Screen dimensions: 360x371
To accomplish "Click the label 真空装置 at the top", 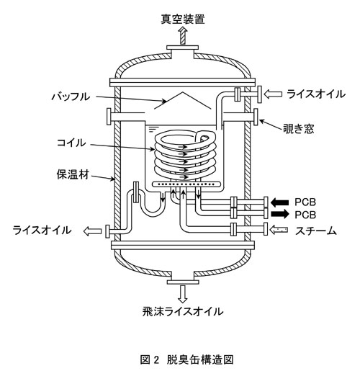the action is [183, 19].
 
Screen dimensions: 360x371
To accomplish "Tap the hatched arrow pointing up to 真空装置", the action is [183, 35].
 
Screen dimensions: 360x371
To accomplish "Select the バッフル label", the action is [71, 97].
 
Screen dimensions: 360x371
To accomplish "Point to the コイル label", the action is [71, 143].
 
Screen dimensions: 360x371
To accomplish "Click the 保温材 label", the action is [73, 174].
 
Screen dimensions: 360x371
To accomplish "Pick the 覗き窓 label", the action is [298, 129].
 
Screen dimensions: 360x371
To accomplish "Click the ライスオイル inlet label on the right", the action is [316, 94].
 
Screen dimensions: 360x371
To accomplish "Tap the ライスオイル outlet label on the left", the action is [42, 230].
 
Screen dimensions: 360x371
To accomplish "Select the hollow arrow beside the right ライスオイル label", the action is [273, 94].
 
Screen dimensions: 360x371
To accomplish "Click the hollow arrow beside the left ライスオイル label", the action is [92, 231].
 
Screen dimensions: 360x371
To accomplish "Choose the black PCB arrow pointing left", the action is [279, 202].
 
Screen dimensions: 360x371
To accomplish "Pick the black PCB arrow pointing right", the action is [279, 214].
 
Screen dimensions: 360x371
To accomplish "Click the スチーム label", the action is [316, 231].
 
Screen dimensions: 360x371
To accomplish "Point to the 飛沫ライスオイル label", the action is [183, 311].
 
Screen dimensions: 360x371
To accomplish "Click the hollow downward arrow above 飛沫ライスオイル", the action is [183, 295].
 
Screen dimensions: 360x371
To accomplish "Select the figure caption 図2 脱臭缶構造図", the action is [186, 359].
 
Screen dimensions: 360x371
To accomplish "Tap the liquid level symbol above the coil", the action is [152, 129].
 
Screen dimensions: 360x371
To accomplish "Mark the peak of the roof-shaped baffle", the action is [183, 92].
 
